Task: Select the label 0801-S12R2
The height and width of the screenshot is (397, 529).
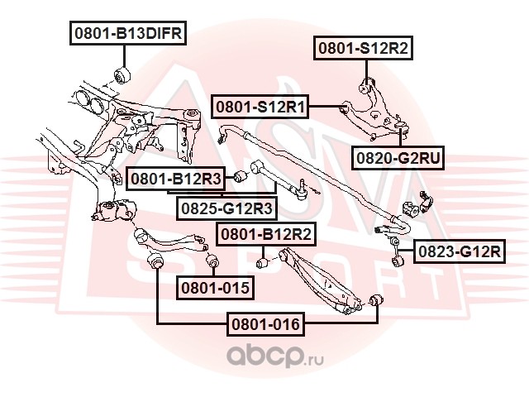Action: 361,49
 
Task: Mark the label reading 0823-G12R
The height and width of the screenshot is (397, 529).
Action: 458,251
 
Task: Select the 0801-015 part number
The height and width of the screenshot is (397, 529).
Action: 215,288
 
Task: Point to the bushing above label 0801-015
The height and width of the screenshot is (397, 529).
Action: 211,262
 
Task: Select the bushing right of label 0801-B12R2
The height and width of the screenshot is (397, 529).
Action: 264,263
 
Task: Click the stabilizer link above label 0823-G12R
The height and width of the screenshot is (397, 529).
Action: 395,245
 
